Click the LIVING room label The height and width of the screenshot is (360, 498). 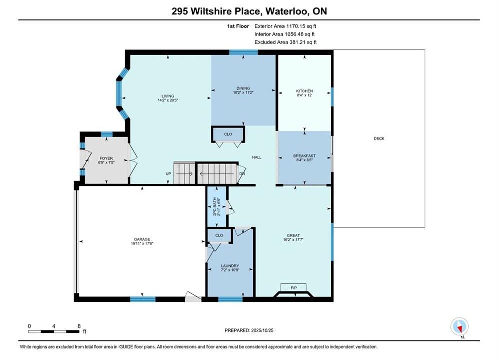(168, 96)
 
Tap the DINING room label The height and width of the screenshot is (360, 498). (243, 88)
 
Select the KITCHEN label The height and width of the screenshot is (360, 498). (305, 91)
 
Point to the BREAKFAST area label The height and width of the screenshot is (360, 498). (304, 156)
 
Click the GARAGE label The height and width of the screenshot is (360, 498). (142, 240)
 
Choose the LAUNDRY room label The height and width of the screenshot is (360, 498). (230, 266)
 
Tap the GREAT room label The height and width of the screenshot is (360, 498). (293, 235)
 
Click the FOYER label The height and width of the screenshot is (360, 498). (106, 158)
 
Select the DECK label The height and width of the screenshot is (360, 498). (379, 138)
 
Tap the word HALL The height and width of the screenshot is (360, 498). (257, 157)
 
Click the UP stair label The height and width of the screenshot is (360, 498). (168, 174)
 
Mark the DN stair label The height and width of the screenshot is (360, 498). (242, 174)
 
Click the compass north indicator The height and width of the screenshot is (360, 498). (459, 326)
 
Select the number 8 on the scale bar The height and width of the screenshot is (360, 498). (79, 326)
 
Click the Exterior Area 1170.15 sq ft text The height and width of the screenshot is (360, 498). (285, 26)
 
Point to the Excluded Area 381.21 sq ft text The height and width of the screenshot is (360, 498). (285, 42)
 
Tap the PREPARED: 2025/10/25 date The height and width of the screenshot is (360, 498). (249, 330)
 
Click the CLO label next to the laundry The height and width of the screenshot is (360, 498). (219, 235)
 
